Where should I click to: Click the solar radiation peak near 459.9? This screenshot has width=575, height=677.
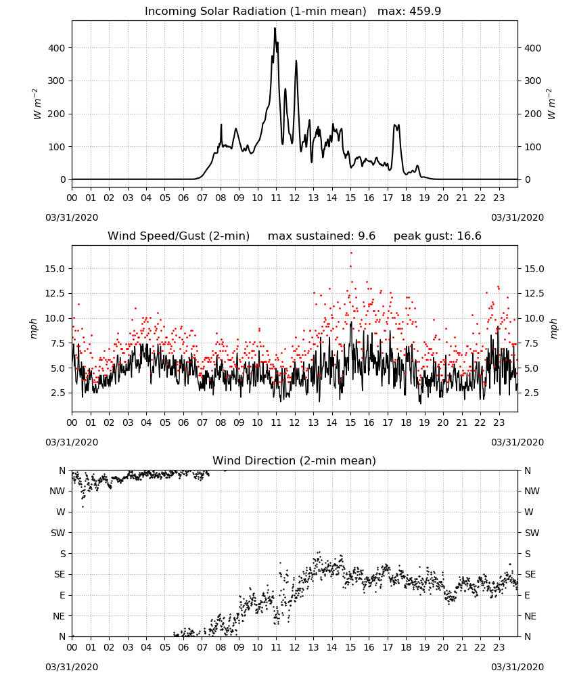tap(275, 28)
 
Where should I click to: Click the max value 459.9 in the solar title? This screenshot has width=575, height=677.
tap(425, 11)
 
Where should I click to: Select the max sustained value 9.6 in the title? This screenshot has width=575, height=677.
tap(367, 236)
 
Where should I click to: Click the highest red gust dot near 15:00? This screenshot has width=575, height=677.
tap(351, 253)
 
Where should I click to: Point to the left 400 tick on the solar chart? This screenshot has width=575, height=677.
tap(57, 48)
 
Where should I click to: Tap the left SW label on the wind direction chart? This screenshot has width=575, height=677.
tap(58, 533)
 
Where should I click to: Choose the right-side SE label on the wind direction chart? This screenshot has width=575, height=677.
tap(530, 574)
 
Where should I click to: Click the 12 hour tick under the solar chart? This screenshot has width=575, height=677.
tap(295, 198)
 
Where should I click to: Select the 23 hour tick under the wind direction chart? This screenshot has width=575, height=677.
tap(499, 648)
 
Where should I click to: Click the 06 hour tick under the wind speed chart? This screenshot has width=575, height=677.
tap(183, 422)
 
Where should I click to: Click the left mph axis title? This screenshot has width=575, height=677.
tap(34, 328)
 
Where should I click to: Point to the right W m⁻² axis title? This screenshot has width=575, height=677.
tap(552, 104)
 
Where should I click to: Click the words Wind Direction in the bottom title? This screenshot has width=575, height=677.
tap(246, 460)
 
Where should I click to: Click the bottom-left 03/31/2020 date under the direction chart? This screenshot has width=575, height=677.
tap(72, 667)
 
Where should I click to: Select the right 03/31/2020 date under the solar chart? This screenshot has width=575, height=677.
tap(517, 217)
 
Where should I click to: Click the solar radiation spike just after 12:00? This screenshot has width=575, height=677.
tap(296, 62)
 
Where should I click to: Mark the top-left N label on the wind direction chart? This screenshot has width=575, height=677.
tap(62, 471)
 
